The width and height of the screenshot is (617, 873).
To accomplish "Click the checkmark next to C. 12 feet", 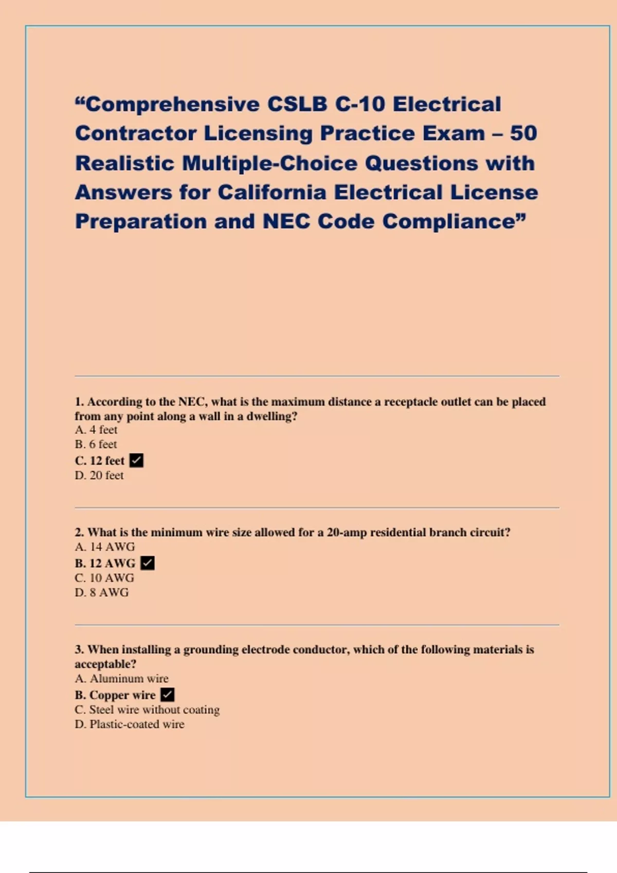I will coord(136,461).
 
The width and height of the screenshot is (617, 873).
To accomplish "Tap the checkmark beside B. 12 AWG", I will coord(148,563).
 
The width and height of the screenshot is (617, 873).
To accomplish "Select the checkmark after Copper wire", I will coord(168,695).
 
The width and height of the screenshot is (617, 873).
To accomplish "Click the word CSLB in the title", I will coord(297,104).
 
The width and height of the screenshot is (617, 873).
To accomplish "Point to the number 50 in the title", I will coord(523,134).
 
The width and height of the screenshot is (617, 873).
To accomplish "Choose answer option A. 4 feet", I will coord(96,430).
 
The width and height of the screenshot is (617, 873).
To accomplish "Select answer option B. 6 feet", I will coord(96,444).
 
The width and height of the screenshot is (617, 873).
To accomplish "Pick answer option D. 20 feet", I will coord(99,476).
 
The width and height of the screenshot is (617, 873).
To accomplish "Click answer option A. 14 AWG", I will coord(105,547).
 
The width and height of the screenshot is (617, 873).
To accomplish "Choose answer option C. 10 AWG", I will coord(104,578).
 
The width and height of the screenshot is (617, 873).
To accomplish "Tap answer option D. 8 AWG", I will coord(102,593).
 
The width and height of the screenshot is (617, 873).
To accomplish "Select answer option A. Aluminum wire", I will coord(121,679).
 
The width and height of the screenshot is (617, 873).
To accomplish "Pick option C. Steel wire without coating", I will coord(147,710).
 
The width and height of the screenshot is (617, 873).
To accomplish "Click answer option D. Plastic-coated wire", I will coord(130,725).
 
